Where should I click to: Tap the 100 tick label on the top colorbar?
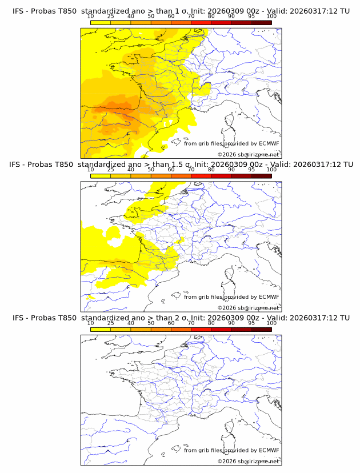coord(271,17)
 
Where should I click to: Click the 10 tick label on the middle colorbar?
coord(90,170)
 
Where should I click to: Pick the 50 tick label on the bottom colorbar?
coord(151,323)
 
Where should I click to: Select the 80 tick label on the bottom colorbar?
coord(211,323)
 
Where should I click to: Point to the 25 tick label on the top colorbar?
coord(110,17)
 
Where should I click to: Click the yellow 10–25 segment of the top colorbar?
coord(101,22)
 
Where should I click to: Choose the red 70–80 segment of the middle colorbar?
coord(201,175)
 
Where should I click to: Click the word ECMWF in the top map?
coord(269,144)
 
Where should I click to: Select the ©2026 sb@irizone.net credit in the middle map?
coord(248,307)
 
